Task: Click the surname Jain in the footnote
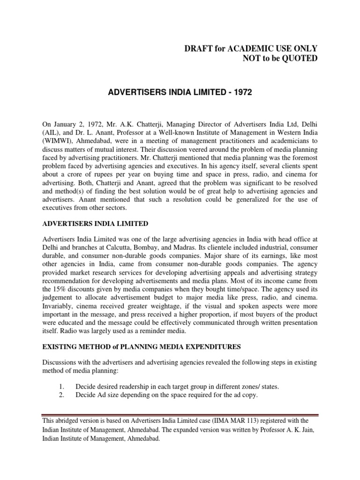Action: tap(313, 430)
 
